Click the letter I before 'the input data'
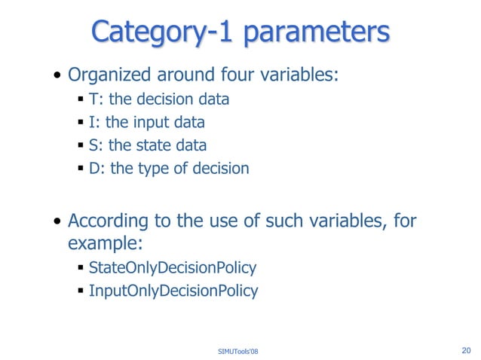(91, 122)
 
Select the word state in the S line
(154, 145)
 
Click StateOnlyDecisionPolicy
(173, 267)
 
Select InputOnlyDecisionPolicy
(173, 291)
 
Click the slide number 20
(464, 349)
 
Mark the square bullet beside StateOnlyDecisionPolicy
(80, 268)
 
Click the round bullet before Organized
(58, 77)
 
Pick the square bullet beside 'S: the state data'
(80, 146)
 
